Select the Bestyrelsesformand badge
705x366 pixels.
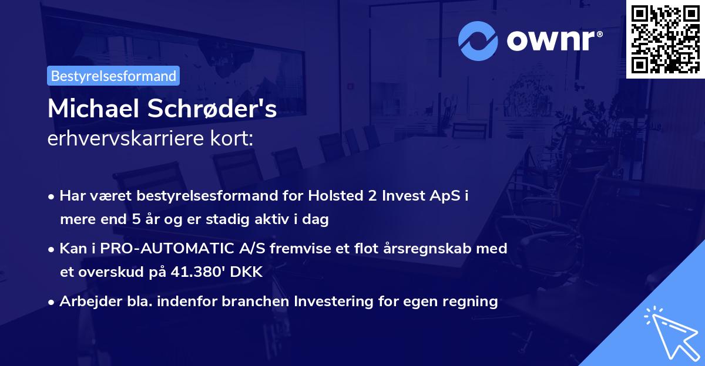(x=113, y=76)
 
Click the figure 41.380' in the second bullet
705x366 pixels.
(x=197, y=272)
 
